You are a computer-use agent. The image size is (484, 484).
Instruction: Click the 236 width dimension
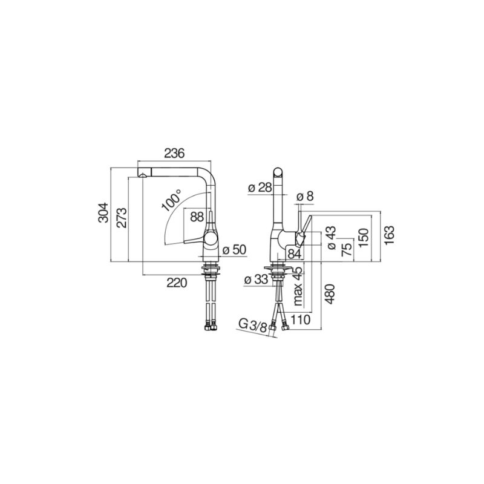174,154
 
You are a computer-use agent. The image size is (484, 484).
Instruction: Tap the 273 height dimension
122,218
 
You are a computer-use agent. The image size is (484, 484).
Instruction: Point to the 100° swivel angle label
171,200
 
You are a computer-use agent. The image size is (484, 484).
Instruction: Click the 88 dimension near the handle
197,217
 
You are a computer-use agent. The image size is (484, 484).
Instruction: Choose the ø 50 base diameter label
235,249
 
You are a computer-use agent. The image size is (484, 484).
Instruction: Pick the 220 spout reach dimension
177,283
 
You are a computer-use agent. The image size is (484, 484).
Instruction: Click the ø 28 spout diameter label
260,188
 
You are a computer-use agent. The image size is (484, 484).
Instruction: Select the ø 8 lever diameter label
305,196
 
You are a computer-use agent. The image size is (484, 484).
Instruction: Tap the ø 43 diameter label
331,237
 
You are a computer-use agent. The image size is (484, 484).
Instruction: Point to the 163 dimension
390,235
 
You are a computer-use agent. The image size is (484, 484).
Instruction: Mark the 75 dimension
347,250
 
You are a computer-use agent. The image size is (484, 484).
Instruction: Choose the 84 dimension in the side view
294,253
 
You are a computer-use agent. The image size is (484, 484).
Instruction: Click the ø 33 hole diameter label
256,280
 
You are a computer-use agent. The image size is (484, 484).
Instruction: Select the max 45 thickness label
298,286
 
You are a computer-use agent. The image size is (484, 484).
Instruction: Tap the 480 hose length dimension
330,294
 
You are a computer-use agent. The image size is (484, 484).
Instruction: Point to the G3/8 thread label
252,325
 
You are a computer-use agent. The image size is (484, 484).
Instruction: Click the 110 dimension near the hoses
300,320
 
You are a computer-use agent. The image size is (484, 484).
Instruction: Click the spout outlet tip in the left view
143,176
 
